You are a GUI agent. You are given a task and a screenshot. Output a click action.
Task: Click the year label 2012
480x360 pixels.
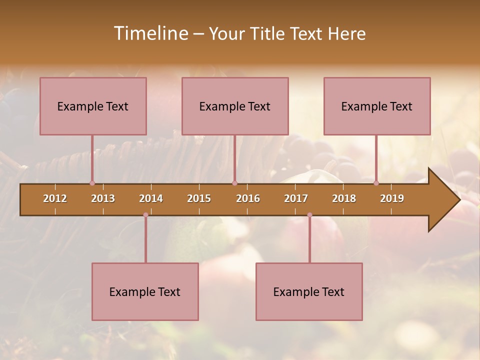55,198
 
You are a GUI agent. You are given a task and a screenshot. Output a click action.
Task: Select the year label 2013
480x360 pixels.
103,198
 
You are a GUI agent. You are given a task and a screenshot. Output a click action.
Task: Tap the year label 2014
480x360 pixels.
151,198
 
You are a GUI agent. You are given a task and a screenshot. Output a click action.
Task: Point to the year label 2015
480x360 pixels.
199,198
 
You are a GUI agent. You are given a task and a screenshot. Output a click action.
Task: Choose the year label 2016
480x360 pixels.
248,198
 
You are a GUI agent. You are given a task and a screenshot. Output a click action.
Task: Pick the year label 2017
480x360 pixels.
296,198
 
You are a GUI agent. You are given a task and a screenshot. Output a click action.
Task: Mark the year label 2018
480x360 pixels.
344,198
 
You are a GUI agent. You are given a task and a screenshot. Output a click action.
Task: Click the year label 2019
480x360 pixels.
392,198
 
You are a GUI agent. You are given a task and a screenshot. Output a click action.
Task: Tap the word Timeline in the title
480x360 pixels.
149,33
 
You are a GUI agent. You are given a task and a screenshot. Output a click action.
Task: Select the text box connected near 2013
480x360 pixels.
93,106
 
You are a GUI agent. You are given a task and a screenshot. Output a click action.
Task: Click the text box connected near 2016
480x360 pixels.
235,106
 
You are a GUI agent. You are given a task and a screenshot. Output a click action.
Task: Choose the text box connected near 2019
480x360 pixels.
377,106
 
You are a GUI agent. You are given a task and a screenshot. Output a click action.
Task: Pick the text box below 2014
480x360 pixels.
145,291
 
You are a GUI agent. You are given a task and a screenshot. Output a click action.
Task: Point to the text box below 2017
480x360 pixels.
309,291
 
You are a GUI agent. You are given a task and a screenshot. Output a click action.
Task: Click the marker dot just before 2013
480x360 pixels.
92,183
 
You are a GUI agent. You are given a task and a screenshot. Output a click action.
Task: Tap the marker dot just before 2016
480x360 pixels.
234,183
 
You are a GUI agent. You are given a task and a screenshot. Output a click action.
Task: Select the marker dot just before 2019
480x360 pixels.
376,183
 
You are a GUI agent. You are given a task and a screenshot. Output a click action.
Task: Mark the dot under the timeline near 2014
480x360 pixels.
145,215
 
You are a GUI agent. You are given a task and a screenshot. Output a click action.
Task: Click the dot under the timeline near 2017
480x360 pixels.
309,215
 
